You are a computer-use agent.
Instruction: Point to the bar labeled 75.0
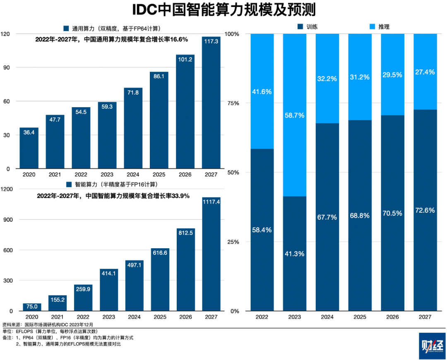[32, 307]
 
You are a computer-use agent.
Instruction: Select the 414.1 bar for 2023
[109, 290]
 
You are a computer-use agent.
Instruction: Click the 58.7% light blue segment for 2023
[295, 115]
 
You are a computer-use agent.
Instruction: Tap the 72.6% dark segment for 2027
[425, 210]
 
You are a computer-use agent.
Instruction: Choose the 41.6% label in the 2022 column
[262, 91]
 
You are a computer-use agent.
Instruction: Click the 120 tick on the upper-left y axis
[6, 34]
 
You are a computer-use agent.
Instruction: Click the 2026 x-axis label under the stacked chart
[392, 317]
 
